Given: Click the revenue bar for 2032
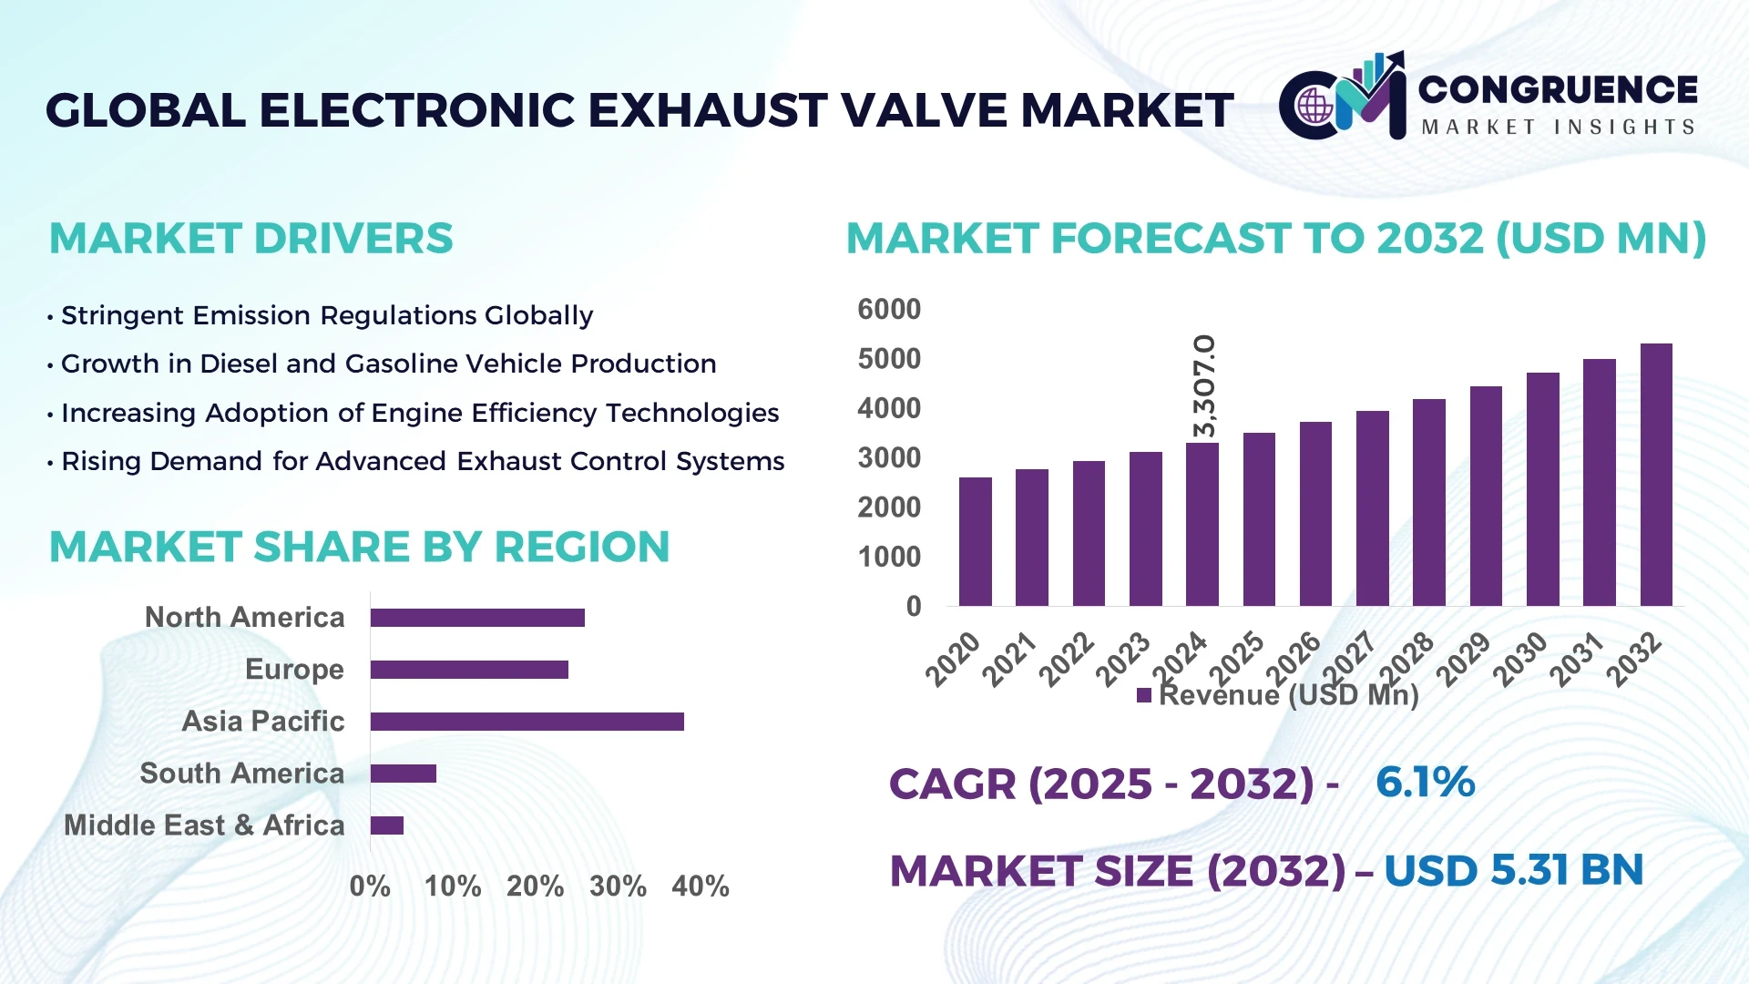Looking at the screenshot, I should pyautogui.click(x=1655, y=475).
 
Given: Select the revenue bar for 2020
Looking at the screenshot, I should pyautogui.click(x=975, y=541).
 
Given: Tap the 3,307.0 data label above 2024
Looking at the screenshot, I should pyautogui.click(x=1203, y=386).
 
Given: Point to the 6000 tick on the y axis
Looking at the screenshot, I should pyautogui.click(x=888, y=310).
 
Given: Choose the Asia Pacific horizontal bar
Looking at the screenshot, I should pyautogui.click(x=527, y=722).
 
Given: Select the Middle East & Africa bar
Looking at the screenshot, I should pyautogui.click(x=387, y=825).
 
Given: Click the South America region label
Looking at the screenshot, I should pyautogui.click(x=241, y=774).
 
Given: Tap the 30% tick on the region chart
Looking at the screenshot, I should pyautogui.click(x=618, y=887).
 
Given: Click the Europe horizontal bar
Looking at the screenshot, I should pyautogui.click(x=469, y=670).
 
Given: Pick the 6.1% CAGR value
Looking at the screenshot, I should pyautogui.click(x=1425, y=783).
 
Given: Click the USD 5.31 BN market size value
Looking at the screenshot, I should pyautogui.click(x=1513, y=870).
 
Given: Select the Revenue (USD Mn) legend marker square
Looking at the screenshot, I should pyautogui.click(x=1144, y=696).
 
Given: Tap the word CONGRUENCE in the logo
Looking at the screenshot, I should pyautogui.click(x=1557, y=89).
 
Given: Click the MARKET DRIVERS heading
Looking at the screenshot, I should pyautogui.click(x=251, y=239).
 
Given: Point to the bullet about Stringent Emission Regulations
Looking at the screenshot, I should pyautogui.click(x=326, y=315).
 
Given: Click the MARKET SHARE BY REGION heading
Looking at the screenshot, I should pyautogui.click(x=359, y=548).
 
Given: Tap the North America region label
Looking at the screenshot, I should pyautogui.click(x=244, y=618).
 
